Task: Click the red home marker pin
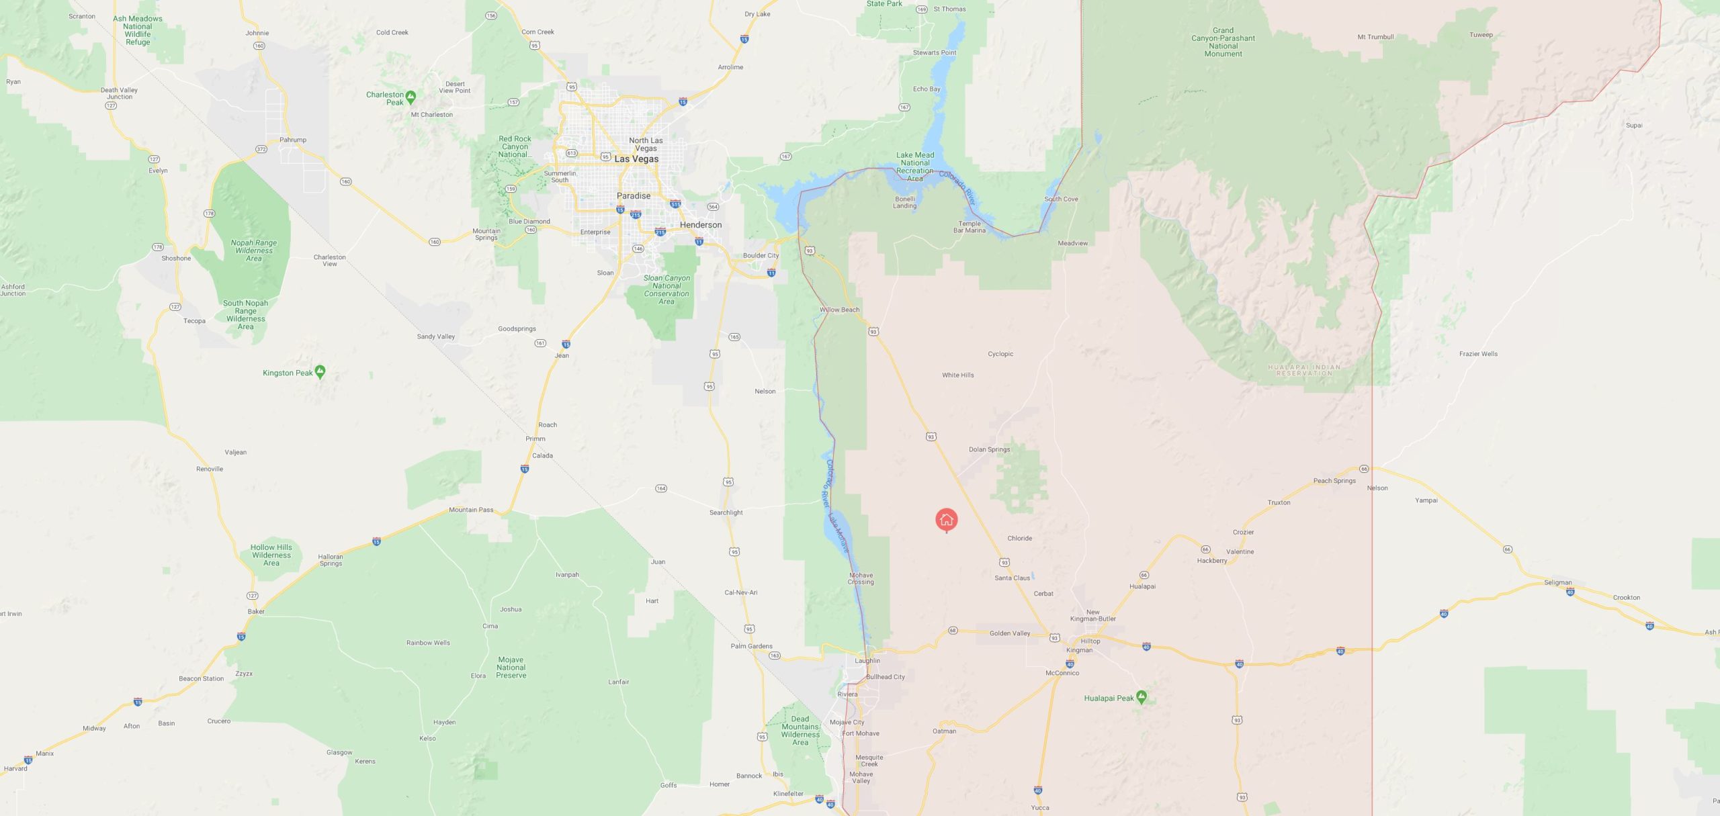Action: (x=946, y=519)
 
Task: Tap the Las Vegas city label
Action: (x=636, y=159)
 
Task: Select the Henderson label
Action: (x=701, y=225)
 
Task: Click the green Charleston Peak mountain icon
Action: (x=411, y=97)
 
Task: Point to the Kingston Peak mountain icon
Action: (x=320, y=371)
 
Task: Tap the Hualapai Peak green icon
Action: (x=1141, y=696)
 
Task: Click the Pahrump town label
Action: (x=293, y=140)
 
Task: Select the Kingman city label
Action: (x=1079, y=650)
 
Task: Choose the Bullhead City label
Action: (x=885, y=677)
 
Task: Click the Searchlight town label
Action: (x=726, y=512)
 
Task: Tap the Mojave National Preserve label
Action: (x=511, y=668)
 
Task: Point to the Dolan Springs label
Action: (x=989, y=449)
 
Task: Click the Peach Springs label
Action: (x=1334, y=481)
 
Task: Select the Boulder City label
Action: (x=761, y=255)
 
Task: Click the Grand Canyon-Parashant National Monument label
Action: (x=1223, y=42)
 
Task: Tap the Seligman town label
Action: (x=1557, y=582)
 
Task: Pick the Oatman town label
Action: (x=944, y=731)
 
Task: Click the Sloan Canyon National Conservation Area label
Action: (x=666, y=289)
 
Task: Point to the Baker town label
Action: (x=256, y=611)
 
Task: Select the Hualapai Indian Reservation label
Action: (x=1304, y=370)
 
